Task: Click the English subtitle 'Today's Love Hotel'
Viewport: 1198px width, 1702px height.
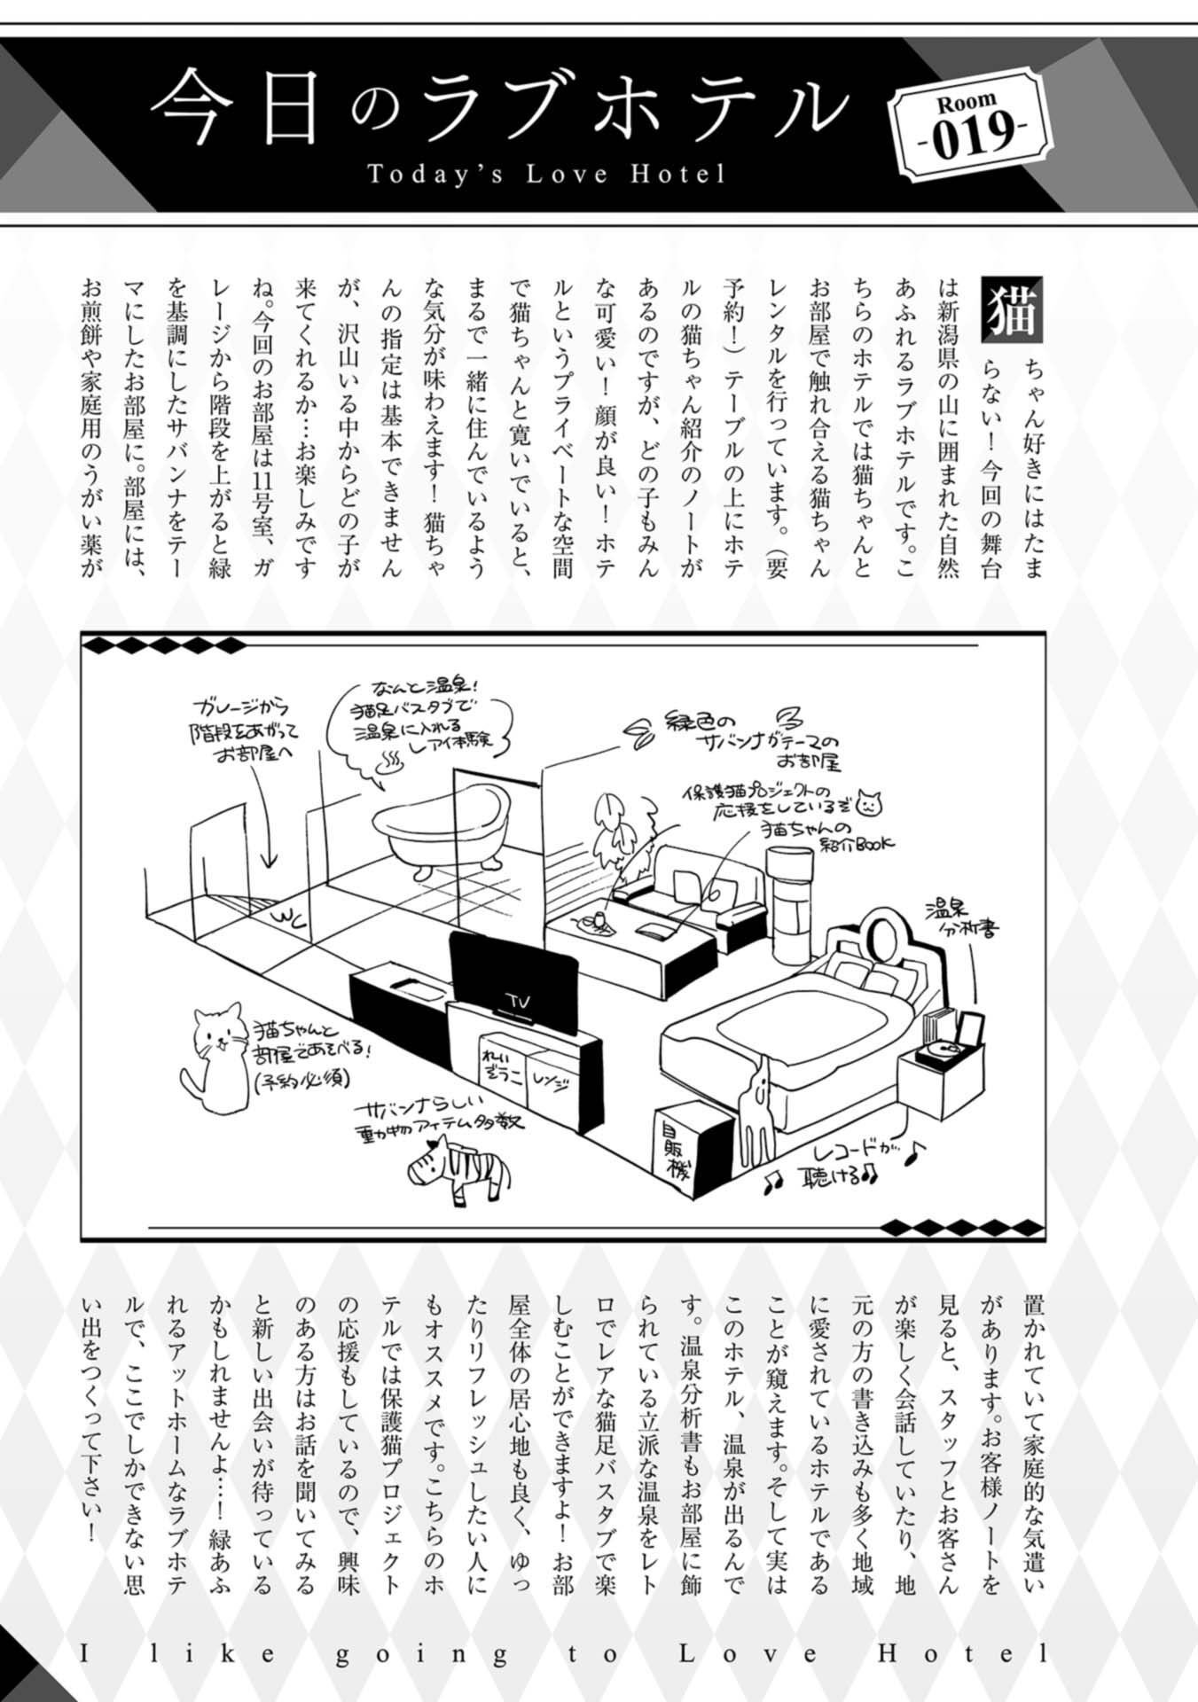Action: pos(546,174)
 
